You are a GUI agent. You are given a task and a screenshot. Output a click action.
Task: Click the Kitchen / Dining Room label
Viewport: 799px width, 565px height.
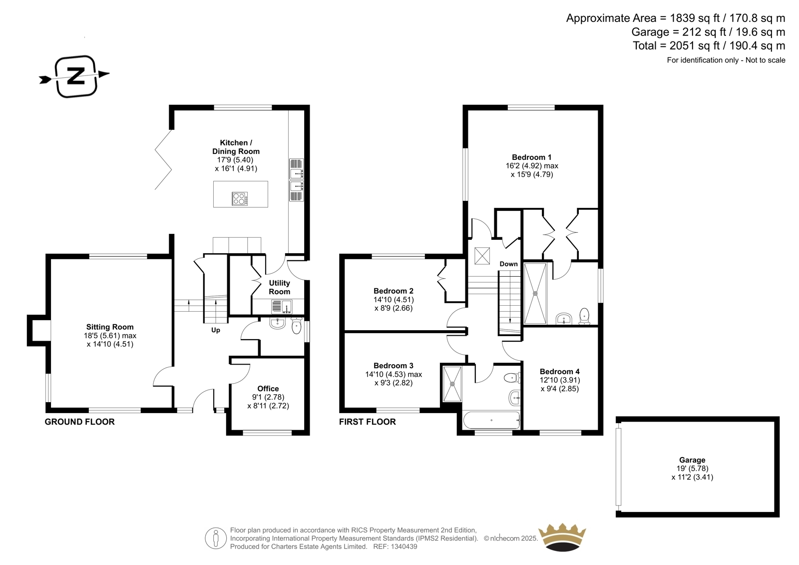click(x=236, y=147)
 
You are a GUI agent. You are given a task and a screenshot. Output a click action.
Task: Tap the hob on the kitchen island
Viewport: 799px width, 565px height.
click(x=240, y=199)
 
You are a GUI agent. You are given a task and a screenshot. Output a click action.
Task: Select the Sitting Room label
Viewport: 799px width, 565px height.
click(x=110, y=327)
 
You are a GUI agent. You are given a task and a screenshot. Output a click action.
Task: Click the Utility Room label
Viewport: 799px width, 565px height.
click(x=279, y=287)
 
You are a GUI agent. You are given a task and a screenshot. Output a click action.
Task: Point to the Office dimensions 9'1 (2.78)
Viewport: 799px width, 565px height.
click(x=268, y=397)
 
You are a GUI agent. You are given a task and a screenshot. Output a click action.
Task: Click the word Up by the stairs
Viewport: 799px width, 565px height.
click(x=215, y=330)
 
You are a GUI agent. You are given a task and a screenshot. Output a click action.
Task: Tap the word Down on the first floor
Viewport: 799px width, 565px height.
click(x=508, y=264)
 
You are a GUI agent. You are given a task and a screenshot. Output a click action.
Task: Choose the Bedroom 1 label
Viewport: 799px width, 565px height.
click(x=531, y=157)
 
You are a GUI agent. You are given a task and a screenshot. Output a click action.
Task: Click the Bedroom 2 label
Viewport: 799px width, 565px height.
click(x=394, y=291)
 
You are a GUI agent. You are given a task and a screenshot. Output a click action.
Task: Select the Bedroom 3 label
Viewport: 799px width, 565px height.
click(x=394, y=366)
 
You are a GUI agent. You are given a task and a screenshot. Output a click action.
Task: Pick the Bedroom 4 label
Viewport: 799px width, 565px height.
click(x=560, y=372)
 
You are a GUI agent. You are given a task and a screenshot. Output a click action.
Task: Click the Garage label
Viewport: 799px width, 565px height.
click(x=692, y=460)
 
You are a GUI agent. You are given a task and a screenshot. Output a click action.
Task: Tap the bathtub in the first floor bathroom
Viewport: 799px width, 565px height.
click(x=491, y=420)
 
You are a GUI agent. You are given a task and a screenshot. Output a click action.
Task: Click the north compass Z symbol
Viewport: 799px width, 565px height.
click(x=75, y=76)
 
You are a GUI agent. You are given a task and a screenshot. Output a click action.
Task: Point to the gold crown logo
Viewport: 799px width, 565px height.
click(x=562, y=537)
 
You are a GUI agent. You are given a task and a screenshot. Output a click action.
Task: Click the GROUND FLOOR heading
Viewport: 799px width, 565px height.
click(x=79, y=422)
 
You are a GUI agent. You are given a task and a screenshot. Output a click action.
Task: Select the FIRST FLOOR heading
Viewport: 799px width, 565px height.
click(x=368, y=422)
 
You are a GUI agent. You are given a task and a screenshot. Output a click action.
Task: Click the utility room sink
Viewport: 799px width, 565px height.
click(x=282, y=307)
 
